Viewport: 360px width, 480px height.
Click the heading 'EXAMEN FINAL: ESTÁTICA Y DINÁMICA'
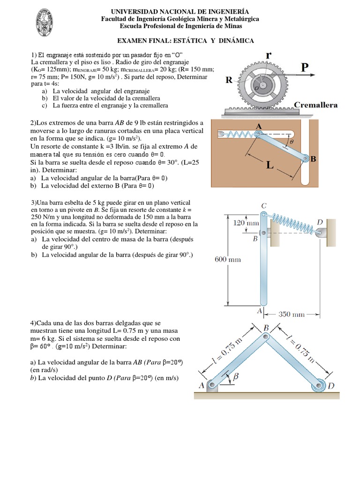tap(180, 41)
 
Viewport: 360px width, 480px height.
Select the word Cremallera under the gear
tap(315, 105)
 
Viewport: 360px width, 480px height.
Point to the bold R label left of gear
tap(229, 80)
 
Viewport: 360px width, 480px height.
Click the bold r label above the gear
tap(269, 54)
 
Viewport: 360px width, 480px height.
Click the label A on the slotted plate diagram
tap(258, 126)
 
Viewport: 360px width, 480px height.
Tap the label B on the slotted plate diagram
tap(314, 159)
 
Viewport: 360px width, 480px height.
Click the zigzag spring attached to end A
tap(238, 135)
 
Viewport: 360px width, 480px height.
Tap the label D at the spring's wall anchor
tap(320, 222)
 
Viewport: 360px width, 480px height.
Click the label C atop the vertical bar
tap(264, 206)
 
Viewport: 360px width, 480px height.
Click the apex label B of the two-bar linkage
tap(266, 328)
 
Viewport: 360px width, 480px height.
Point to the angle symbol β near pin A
tap(236, 375)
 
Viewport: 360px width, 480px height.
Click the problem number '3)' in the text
tap(33, 202)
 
